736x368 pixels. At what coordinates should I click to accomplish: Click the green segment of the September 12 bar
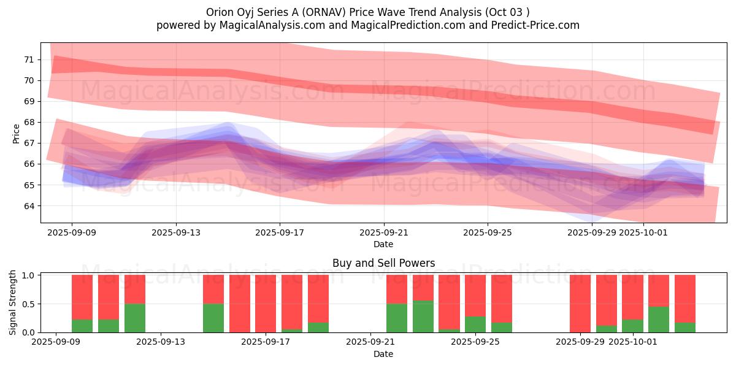135,318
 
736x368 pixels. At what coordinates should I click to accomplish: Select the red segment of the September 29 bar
580,303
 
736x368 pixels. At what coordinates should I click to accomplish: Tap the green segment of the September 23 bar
423,316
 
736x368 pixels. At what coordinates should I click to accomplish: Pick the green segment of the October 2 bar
659,320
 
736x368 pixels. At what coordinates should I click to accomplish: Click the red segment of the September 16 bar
240,303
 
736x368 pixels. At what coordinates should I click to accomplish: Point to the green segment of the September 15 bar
213,318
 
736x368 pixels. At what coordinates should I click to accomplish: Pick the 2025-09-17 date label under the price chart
280,233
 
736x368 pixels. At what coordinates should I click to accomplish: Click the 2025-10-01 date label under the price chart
643,233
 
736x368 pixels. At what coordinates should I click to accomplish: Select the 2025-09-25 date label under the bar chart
475,342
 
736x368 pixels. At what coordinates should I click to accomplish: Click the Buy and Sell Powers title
383,263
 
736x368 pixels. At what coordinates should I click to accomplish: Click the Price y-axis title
17,132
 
